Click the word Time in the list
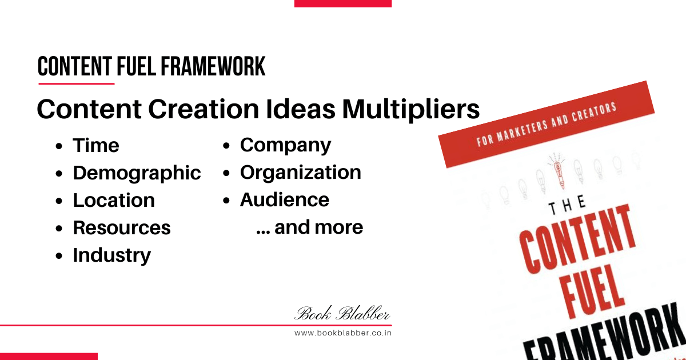(96, 145)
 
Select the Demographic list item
(137, 173)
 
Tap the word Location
(114, 200)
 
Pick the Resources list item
(122, 227)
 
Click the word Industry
(112, 255)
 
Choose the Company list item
(285, 145)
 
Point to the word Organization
(301, 173)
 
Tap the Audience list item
(285, 200)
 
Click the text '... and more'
(310, 227)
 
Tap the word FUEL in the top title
(135, 67)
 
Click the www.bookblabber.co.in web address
(343, 333)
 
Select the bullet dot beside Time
(59, 146)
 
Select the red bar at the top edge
(343, 3)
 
